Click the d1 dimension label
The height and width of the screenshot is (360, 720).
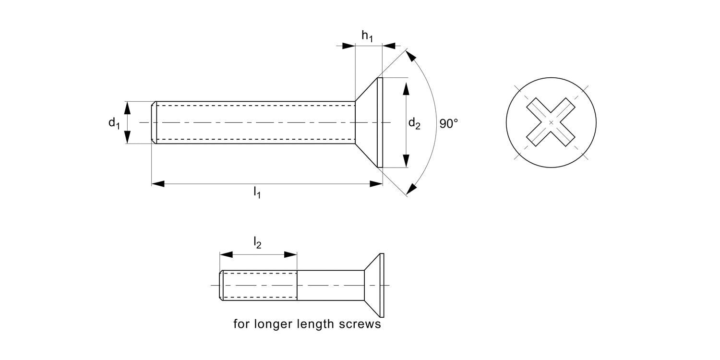pos(113,123)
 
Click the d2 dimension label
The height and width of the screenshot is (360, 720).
pos(414,123)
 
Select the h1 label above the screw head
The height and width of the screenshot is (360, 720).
pos(367,36)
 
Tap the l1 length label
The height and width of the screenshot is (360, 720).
pos(257,193)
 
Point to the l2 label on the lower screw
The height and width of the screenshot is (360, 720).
pos(257,244)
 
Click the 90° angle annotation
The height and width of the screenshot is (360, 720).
pos(449,123)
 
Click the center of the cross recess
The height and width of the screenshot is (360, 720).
pos(551,123)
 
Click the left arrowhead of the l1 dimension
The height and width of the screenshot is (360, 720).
pos(158,183)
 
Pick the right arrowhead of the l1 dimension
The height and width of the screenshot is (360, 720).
pos(376,183)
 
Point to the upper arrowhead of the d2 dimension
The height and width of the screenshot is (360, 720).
pos(406,88)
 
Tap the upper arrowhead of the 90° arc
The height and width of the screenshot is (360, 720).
pos(411,56)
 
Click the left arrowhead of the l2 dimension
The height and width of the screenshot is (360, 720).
pos(226,255)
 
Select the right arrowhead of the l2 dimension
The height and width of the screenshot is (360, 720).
pos(291,255)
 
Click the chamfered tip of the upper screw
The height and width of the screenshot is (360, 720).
pos(154,123)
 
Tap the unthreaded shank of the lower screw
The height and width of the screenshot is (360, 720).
pos(330,285)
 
